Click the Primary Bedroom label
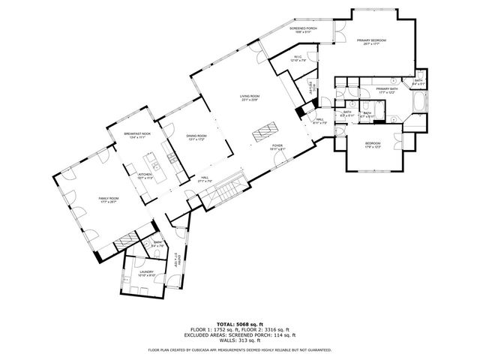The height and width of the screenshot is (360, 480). coord(371,42)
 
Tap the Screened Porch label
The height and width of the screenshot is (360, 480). coord(304,30)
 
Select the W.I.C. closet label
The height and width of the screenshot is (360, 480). coord(298,59)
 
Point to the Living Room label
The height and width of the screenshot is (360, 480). coord(250,98)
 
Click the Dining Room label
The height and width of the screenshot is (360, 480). coord(196,138)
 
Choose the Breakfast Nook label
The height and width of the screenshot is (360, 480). coord(140,135)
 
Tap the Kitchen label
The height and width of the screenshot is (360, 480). coord(145,176)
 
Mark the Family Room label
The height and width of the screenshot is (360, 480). coord(109,200)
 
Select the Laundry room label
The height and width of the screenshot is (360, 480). coord(146,274)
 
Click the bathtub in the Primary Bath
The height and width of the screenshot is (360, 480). coord(418,103)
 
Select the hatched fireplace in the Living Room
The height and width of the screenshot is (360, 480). coord(264,133)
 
